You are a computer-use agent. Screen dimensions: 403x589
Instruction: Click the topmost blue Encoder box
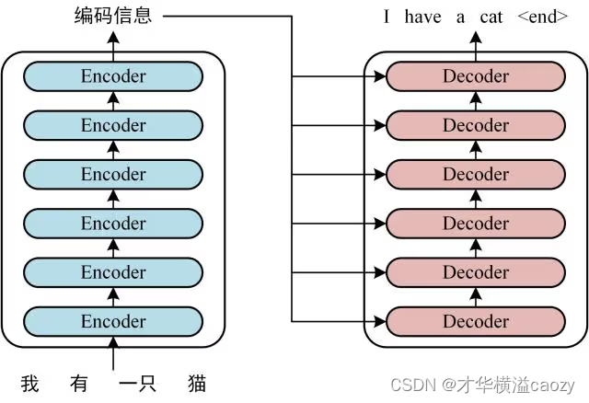(113, 76)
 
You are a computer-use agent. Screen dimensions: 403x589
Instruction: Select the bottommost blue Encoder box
(113, 321)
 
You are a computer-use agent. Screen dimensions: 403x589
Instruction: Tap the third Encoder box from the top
(113, 174)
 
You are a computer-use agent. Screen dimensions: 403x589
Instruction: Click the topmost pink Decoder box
(476, 76)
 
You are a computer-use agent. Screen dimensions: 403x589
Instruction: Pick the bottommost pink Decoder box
(476, 321)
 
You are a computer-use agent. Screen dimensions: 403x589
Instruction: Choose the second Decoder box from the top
(476, 125)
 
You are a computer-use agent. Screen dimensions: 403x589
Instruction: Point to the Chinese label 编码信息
(113, 16)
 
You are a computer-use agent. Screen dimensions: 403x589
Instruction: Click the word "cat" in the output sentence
(491, 17)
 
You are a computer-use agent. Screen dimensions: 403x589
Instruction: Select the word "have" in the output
(421, 17)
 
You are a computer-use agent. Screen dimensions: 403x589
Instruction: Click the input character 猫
(198, 383)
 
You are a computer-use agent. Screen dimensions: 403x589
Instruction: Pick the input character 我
(29, 383)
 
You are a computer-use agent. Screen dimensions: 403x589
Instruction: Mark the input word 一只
(136, 383)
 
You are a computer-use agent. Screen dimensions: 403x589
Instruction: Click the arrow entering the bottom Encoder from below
(113, 353)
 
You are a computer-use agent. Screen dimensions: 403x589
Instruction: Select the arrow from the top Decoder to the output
(476, 43)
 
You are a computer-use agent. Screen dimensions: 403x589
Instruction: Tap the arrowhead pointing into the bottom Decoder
(379, 321)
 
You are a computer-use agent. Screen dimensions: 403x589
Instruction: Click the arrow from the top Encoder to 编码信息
(113, 43)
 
